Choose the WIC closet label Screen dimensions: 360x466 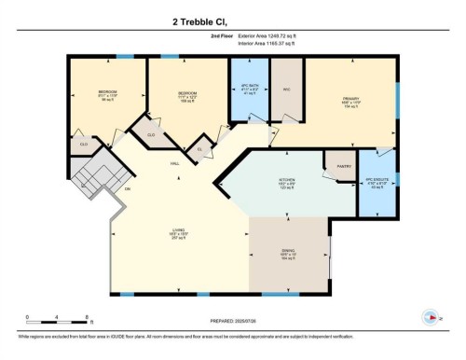(287, 90)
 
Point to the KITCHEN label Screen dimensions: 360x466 (286, 182)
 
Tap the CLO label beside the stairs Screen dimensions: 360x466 (83, 145)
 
